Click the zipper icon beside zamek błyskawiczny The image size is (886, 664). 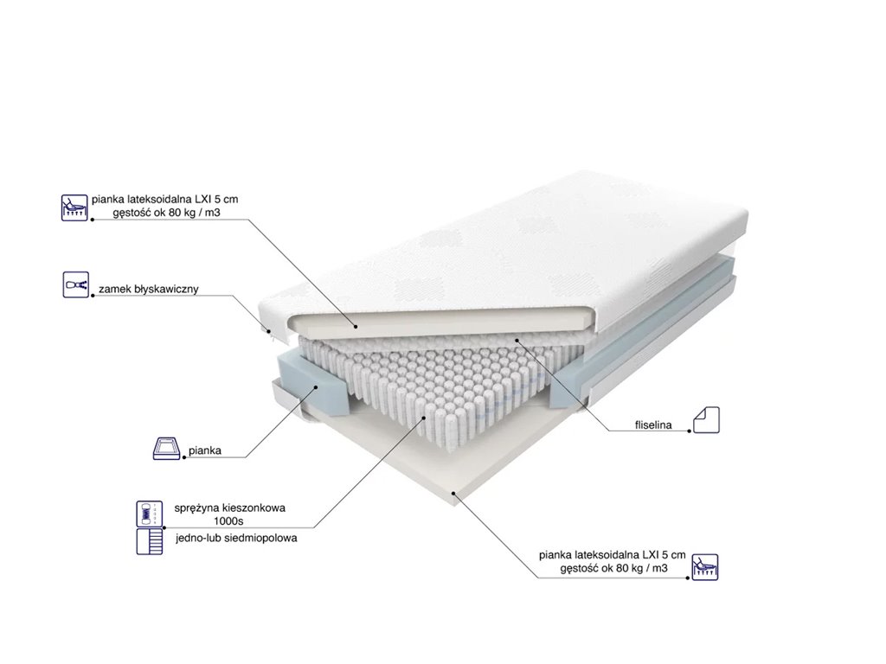coord(76,284)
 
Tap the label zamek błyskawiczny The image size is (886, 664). coord(149,289)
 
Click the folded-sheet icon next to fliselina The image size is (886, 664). coord(706,419)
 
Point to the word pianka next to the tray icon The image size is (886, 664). coord(205,450)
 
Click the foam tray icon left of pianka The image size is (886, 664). coord(165,450)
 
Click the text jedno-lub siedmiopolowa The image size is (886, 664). coord(235,537)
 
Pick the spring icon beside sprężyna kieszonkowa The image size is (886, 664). coord(149,514)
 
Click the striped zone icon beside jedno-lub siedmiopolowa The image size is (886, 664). coord(149,542)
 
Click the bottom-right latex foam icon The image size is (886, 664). coord(705,566)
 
